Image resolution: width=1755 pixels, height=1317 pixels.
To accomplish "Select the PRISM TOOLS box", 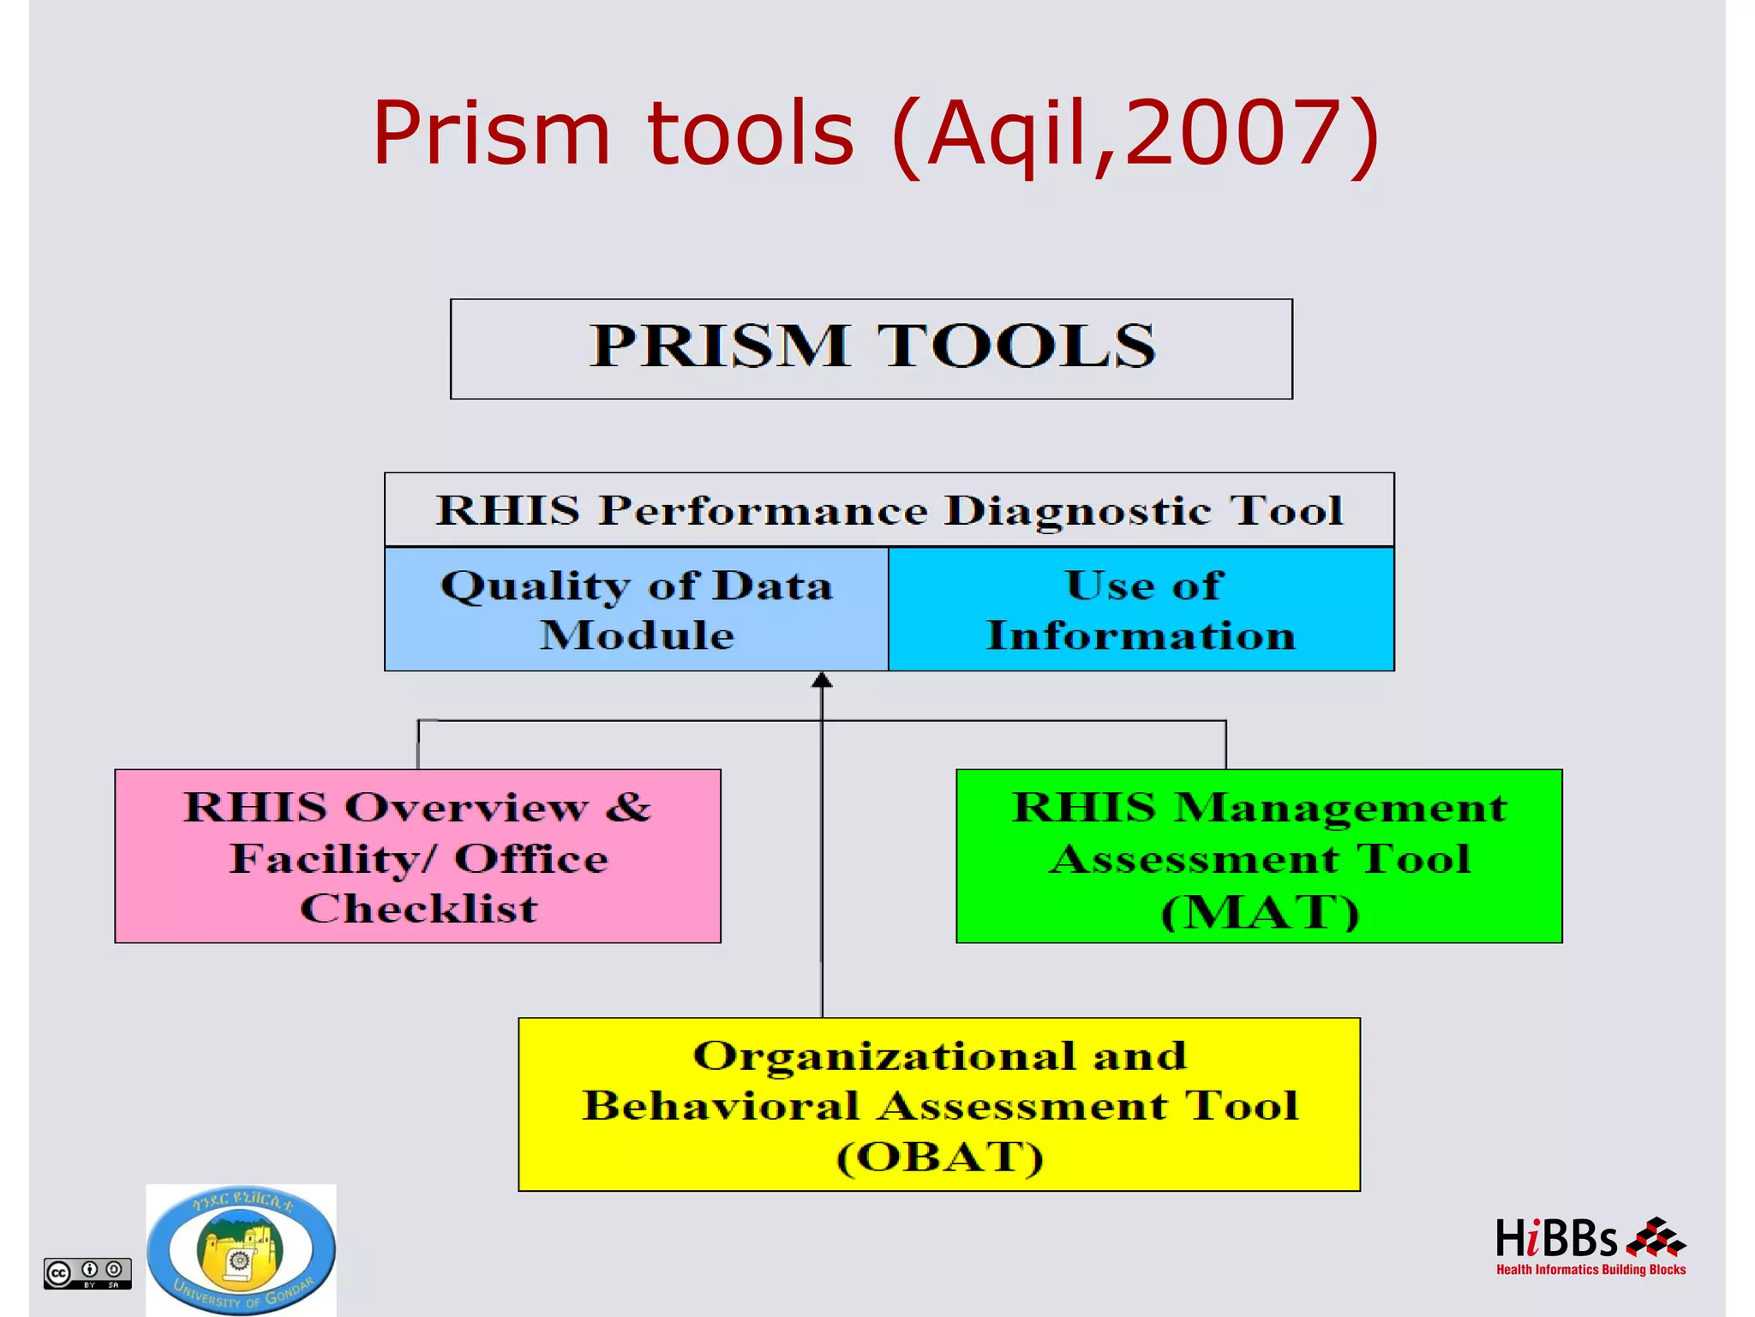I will [x=871, y=348].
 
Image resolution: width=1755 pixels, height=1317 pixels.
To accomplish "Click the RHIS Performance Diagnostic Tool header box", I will [x=889, y=510].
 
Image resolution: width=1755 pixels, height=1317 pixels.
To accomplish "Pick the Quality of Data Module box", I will [x=636, y=610].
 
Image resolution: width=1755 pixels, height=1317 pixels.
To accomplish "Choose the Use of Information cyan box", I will [x=1141, y=610].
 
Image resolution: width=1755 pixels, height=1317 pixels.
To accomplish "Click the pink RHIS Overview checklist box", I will [x=417, y=856].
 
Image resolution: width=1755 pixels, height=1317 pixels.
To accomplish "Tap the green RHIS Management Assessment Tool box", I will [x=1259, y=856].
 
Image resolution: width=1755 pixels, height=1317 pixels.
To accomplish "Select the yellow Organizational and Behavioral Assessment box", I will [x=939, y=1104].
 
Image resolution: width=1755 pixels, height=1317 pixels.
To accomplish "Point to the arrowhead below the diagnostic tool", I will [x=822, y=681].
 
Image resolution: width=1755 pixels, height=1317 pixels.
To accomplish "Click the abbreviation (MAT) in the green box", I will [x=1260, y=911].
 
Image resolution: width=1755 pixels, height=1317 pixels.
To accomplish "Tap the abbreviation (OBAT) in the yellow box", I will [x=940, y=1157].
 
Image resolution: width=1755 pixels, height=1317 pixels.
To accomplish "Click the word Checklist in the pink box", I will [x=418, y=909].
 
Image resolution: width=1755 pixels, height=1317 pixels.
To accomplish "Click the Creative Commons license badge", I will [x=87, y=1273].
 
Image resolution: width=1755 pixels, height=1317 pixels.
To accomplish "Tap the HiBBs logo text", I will [x=1555, y=1239].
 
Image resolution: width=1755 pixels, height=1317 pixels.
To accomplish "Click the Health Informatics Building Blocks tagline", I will [x=1590, y=1270].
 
